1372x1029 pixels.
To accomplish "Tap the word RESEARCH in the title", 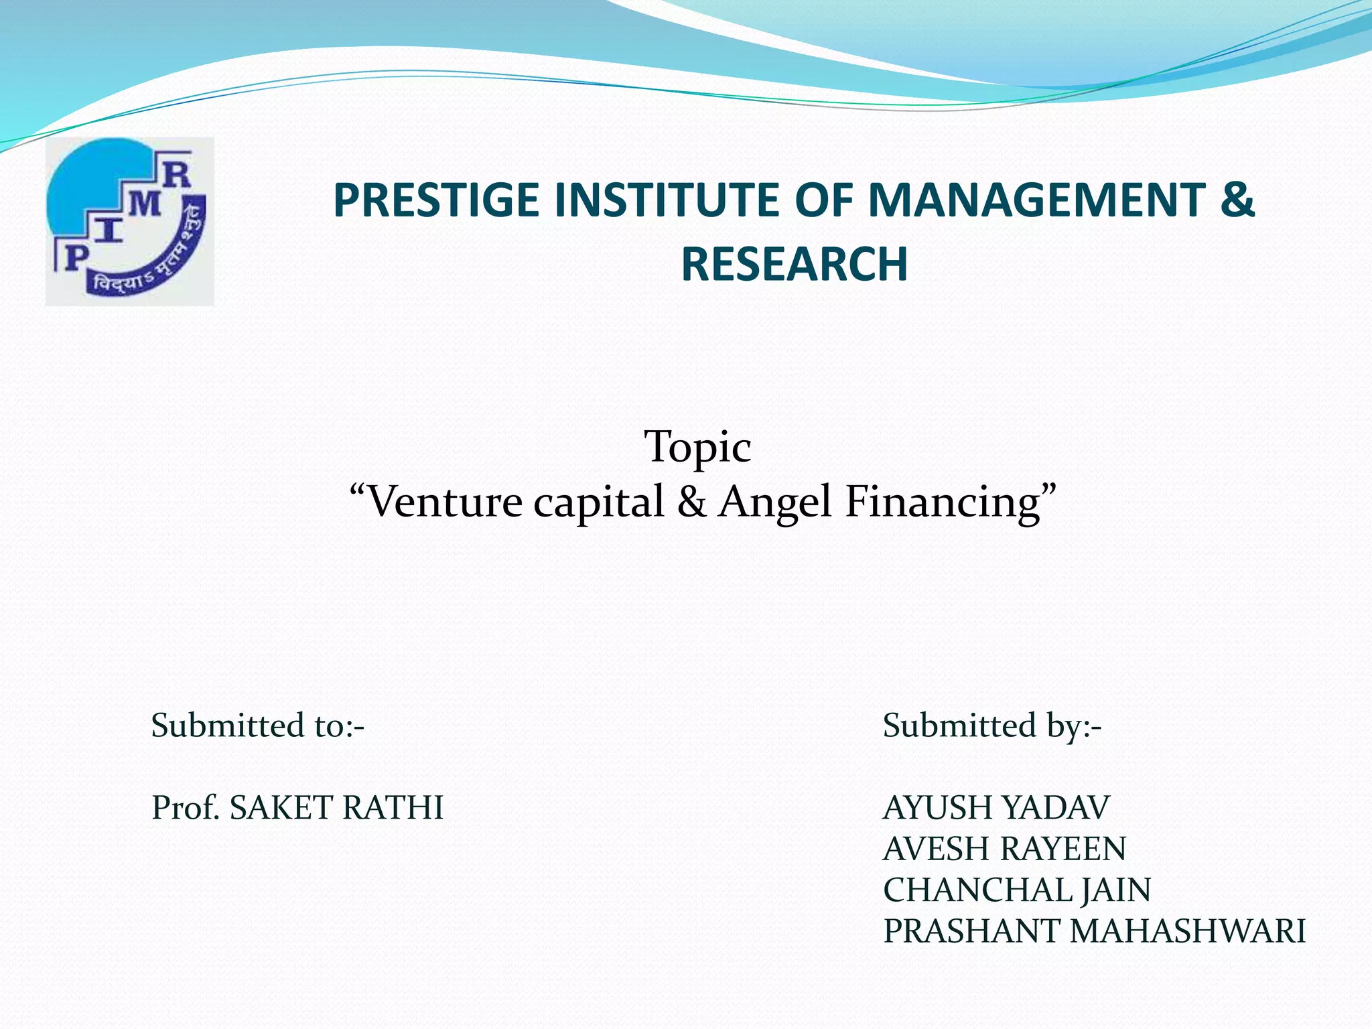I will pos(794,265).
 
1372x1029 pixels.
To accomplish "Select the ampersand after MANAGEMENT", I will pos(1237,201).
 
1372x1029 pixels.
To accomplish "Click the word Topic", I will pos(697,447).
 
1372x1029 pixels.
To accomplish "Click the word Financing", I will pos(942,502).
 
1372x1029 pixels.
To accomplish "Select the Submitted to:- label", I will pos(258,726).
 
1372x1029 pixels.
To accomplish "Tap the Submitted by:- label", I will pos(991,726).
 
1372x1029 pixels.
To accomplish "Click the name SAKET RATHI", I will pos(336,808).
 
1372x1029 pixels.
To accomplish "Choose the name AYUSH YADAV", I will pos(996,808).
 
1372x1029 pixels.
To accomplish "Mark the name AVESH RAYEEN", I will pos(1004,849).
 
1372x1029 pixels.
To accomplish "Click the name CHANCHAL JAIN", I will pos(1017,890).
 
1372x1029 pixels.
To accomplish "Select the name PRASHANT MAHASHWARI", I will pos(1094,932).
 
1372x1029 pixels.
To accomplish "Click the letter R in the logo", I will pos(177,176).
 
